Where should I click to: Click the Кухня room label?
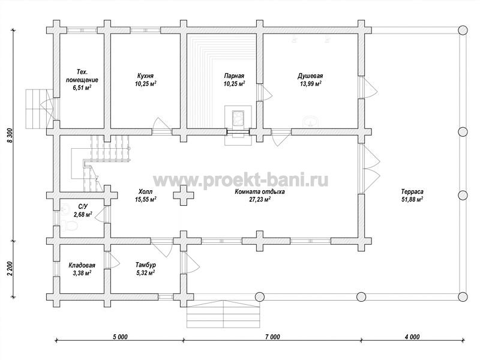145,76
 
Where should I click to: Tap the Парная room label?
234,76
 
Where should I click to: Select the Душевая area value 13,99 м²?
310,83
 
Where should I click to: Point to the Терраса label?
412,191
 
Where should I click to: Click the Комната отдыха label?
260,191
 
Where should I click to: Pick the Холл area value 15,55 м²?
146,199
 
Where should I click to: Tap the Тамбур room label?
146,265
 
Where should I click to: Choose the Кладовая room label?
82,265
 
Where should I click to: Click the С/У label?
83,206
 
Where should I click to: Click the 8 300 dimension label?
10,136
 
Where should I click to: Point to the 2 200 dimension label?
10,269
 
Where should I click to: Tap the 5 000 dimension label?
120,337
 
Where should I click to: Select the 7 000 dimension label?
272,337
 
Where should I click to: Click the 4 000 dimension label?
412,337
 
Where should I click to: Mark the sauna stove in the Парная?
238,118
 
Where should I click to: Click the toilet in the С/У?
70,226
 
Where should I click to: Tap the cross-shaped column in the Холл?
184,196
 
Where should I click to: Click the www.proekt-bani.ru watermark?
241,180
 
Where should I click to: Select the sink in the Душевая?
311,122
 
